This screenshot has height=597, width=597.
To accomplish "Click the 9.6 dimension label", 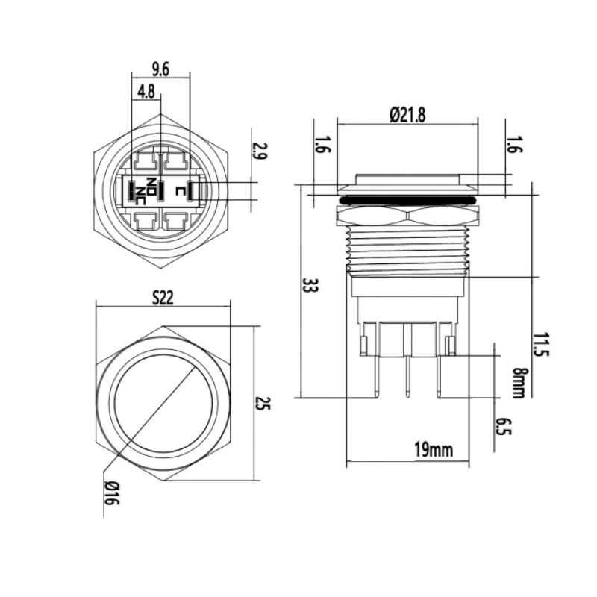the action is (x=160, y=69).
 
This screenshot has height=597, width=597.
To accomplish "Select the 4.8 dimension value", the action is (x=146, y=92).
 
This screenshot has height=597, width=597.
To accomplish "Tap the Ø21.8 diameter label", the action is (x=407, y=115).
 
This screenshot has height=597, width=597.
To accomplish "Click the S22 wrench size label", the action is (x=163, y=297).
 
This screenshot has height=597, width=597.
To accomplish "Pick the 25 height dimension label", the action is (x=263, y=404).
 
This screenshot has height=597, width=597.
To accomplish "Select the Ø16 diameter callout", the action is (x=112, y=493).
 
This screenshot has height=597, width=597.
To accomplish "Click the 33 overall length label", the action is (x=309, y=285).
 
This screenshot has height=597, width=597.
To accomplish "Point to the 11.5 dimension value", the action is (x=541, y=345).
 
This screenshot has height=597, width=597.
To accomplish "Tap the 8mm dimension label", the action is (x=518, y=383).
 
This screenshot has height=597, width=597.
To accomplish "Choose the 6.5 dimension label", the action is (x=503, y=426).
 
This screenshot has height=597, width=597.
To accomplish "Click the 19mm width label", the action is (x=434, y=450).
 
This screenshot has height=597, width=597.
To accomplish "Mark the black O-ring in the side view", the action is (x=407, y=200).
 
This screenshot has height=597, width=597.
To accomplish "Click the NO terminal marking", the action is (x=151, y=186).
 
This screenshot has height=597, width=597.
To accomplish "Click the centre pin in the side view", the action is (x=407, y=376).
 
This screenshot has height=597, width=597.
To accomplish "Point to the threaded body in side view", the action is (x=407, y=249).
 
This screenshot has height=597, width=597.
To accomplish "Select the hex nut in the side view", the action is (x=407, y=215).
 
